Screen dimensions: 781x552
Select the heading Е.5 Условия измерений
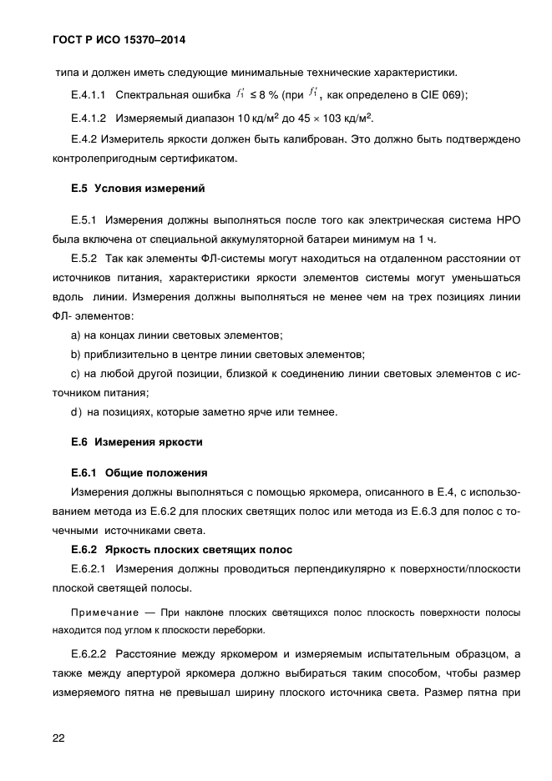[138, 189]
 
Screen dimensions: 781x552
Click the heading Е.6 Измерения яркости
[137, 441]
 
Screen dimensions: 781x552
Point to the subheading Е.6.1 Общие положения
[139, 472]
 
